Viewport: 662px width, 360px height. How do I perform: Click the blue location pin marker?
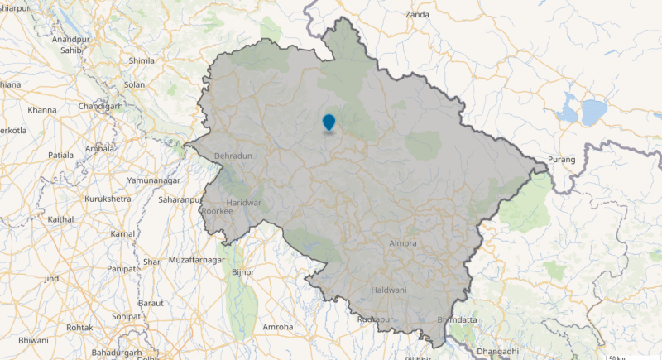[329, 122]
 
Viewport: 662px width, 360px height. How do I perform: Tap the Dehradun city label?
[233, 156]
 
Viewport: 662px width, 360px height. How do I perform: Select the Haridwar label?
[244, 203]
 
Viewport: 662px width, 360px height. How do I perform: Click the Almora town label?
[403, 243]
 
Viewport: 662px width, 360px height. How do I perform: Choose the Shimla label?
[142, 60]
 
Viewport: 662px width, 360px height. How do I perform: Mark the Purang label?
[562, 160]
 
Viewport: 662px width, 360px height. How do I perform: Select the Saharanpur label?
[180, 200]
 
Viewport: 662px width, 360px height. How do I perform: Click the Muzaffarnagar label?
[196, 260]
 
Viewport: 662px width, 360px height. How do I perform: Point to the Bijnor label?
[243, 271]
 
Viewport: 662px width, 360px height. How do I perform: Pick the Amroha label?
[277, 327]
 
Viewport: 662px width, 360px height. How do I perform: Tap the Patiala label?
[60, 155]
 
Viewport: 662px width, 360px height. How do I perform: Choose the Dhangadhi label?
[497, 352]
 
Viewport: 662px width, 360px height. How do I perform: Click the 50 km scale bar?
[616, 358]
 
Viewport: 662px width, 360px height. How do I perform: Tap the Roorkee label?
[218, 211]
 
